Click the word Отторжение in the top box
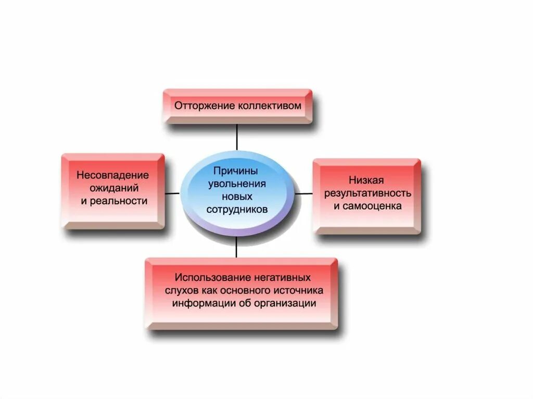(x=204, y=106)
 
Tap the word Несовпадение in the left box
(x=113, y=175)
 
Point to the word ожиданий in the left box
(x=113, y=188)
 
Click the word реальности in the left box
(x=119, y=201)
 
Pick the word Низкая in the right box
(x=366, y=181)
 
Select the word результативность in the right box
(x=367, y=193)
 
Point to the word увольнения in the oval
(x=237, y=184)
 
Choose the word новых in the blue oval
(x=237, y=197)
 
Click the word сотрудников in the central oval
(x=237, y=210)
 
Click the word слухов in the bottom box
(x=179, y=290)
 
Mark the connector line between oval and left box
(x=172, y=193)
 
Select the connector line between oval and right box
(x=304, y=193)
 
